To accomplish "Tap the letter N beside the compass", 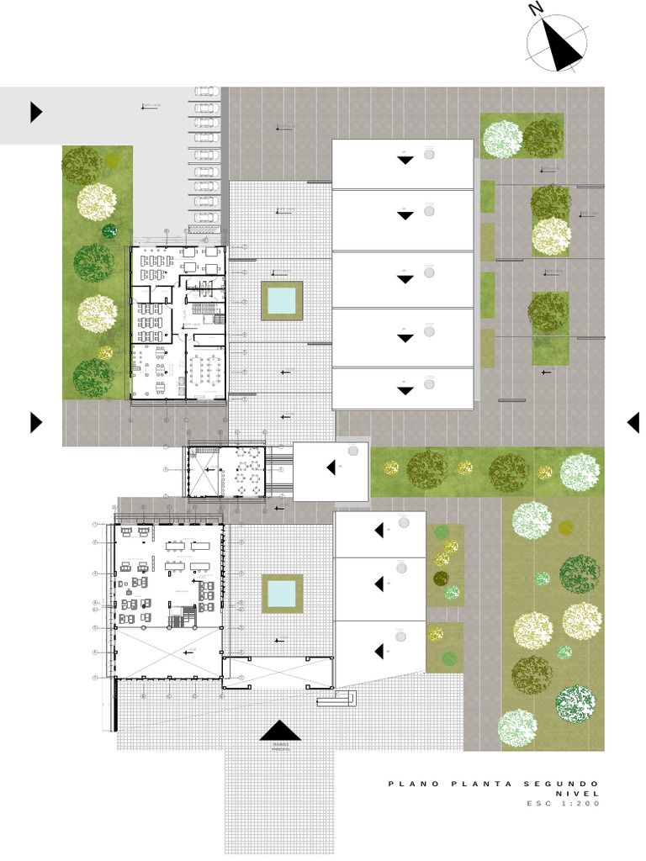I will click(536, 9).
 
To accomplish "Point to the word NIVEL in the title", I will click(578, 794).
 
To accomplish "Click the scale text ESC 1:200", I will click(564, 804).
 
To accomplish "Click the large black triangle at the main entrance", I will click(280, 731).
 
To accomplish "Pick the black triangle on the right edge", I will click(633, 423).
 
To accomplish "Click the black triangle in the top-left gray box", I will click(35, 112).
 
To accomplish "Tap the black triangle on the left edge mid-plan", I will click(35, 422).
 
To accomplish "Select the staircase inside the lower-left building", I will click(177, 621).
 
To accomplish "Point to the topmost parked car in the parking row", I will click(207, 92).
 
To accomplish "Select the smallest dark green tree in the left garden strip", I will click(109, 230).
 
